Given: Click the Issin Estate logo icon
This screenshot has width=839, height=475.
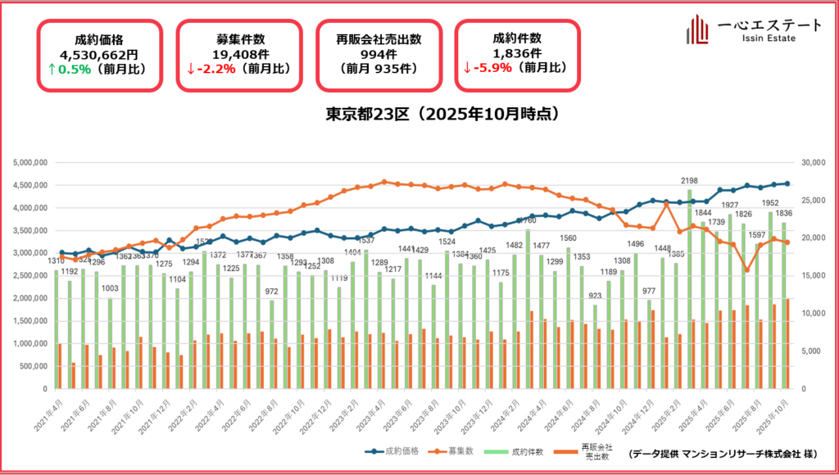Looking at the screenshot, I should pos(697,29).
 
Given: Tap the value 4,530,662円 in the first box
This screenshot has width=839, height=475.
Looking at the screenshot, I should pos(102,54).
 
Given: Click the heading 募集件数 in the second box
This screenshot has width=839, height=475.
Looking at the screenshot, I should pos(240,38).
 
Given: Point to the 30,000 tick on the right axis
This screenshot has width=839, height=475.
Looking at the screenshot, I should pos(812,162).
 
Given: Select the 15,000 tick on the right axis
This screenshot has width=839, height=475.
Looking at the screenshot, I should pos(812,275).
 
